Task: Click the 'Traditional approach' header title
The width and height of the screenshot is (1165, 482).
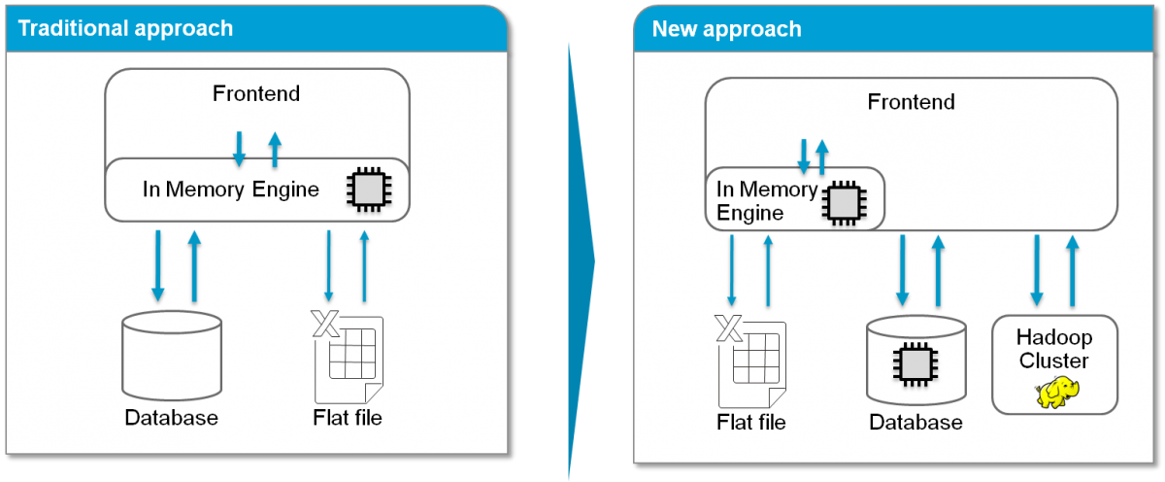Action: coord(126,27)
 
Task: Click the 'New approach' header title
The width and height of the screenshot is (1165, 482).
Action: coord(726,28)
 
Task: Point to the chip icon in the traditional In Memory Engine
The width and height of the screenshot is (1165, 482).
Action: coord(367,189)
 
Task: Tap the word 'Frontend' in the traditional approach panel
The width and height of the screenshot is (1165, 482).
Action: coord(256,94)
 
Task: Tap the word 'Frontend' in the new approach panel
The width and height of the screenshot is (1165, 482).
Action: coord(911,102)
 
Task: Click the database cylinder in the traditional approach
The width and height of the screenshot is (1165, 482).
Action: coord(171,355)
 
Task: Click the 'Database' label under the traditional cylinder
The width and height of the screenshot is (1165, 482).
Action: coord(171,419)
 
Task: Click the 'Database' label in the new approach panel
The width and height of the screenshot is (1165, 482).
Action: coord(915,422)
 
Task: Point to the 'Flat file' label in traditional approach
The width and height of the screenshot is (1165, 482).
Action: coord(348,419)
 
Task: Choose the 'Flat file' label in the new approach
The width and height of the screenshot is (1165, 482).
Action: coord(750,422)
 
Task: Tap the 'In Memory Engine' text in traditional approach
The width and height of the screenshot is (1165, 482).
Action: coord(230,189)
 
